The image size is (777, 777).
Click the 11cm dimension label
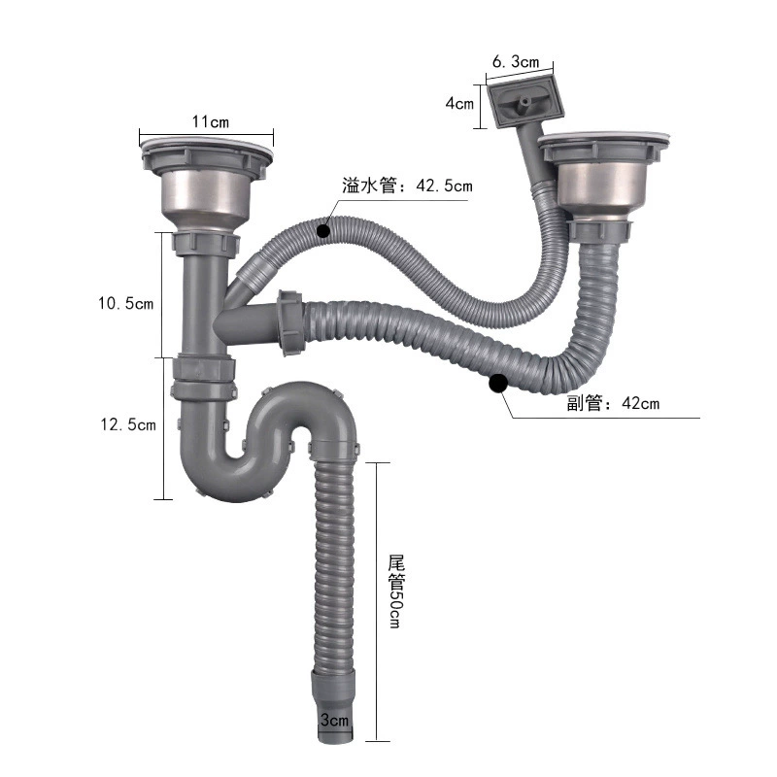coord(211,121)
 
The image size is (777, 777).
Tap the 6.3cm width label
coord(516,61)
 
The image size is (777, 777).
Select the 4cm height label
coord(459,104)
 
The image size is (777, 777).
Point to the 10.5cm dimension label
coord(126,303)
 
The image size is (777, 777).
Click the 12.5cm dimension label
coord(128,424)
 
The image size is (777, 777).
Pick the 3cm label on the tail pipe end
coord(334,720)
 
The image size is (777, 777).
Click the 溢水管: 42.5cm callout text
coord(407,186)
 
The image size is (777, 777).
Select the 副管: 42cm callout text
coord(613,403)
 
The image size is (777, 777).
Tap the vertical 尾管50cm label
coord(396,591)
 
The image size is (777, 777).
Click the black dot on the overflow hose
coord(323,230)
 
